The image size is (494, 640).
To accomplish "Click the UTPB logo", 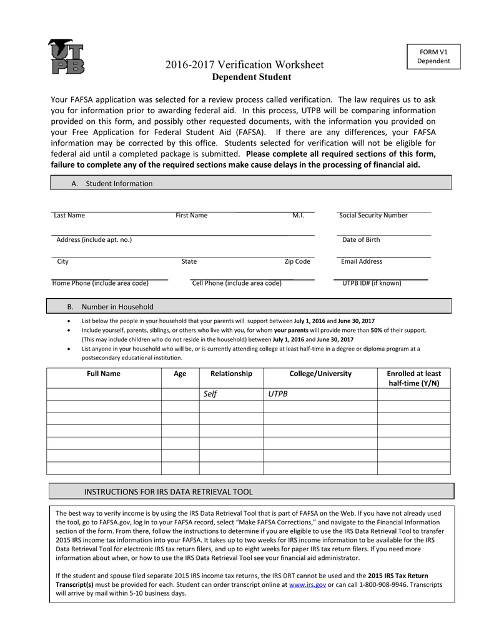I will (x=66, y=57).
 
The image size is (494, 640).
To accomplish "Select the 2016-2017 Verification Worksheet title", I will (x=244, y=65).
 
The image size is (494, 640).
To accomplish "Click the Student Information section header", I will (x=119, y=183).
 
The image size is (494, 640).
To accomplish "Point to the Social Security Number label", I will (x=373, y=216).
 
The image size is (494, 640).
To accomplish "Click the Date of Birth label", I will (x=360, y=240).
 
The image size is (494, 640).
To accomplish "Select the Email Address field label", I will (x=362, y=262).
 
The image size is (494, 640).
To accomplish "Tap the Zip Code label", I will (x=297, y=262).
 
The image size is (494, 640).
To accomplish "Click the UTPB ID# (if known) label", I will (x=372, y=283).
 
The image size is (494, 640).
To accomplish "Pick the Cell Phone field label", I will (x=237, y=283).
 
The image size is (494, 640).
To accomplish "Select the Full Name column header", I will (x=104, y=374).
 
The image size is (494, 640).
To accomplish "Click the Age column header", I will (x=180, y=374).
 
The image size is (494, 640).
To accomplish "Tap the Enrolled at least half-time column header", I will (x=413, y=378).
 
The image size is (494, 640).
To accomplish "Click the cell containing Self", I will (x=210, y=394).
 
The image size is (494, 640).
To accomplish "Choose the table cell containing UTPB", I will (x=278, y=394).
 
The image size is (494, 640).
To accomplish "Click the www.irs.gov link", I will (x=308, y=585).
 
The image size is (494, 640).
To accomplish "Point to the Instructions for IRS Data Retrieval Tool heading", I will (x=169, y=492).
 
